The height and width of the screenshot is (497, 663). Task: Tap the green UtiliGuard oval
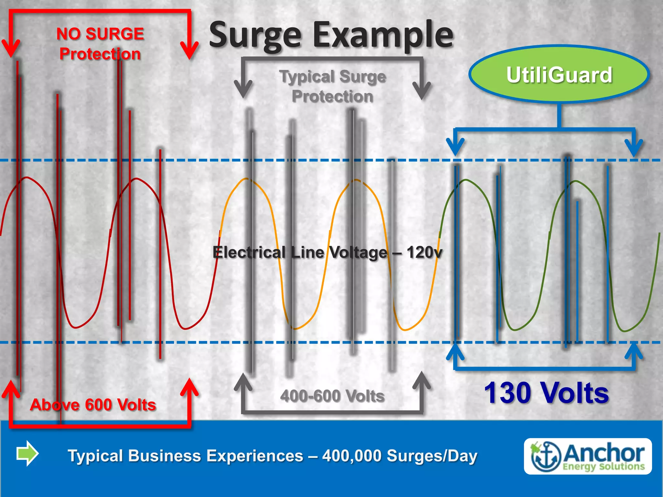point(559,74)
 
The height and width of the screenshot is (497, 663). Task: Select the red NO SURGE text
point(100,34)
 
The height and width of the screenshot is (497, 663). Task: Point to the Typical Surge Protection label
point(332,86)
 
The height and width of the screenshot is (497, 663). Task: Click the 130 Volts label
point(546,393)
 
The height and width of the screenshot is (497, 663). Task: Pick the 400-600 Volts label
point(332,396)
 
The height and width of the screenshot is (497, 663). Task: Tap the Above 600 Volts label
point(93,405)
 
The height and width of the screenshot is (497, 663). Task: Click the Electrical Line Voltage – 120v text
point(327,252)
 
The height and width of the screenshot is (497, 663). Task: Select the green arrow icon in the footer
point(28,453)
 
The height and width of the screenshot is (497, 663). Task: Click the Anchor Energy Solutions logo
point(588,456)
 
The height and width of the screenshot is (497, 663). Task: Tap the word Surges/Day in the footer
point(432,456)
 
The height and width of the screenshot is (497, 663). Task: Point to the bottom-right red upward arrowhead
point(189,387)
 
